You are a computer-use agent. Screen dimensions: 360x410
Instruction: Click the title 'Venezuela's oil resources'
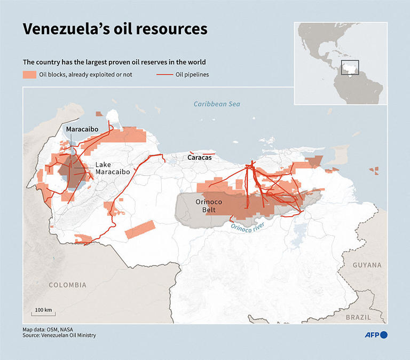coord(115,29)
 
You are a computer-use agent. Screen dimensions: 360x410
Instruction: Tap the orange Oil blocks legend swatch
coord(29,74)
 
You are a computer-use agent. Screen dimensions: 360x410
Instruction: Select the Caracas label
coord(199,158)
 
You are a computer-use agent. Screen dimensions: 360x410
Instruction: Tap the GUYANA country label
coord(367,265)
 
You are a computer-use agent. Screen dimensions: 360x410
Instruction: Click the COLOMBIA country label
coord(67,285)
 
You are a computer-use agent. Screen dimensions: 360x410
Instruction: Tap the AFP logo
coord(376,335)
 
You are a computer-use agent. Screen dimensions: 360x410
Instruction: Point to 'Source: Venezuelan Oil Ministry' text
coord(59,335)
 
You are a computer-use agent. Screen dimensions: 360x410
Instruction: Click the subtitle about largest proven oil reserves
coord(114,61)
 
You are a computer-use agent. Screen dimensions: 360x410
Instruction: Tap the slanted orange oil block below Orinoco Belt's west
coord(139,229)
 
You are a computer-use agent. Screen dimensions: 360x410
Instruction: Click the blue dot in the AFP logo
coord(384,335)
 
